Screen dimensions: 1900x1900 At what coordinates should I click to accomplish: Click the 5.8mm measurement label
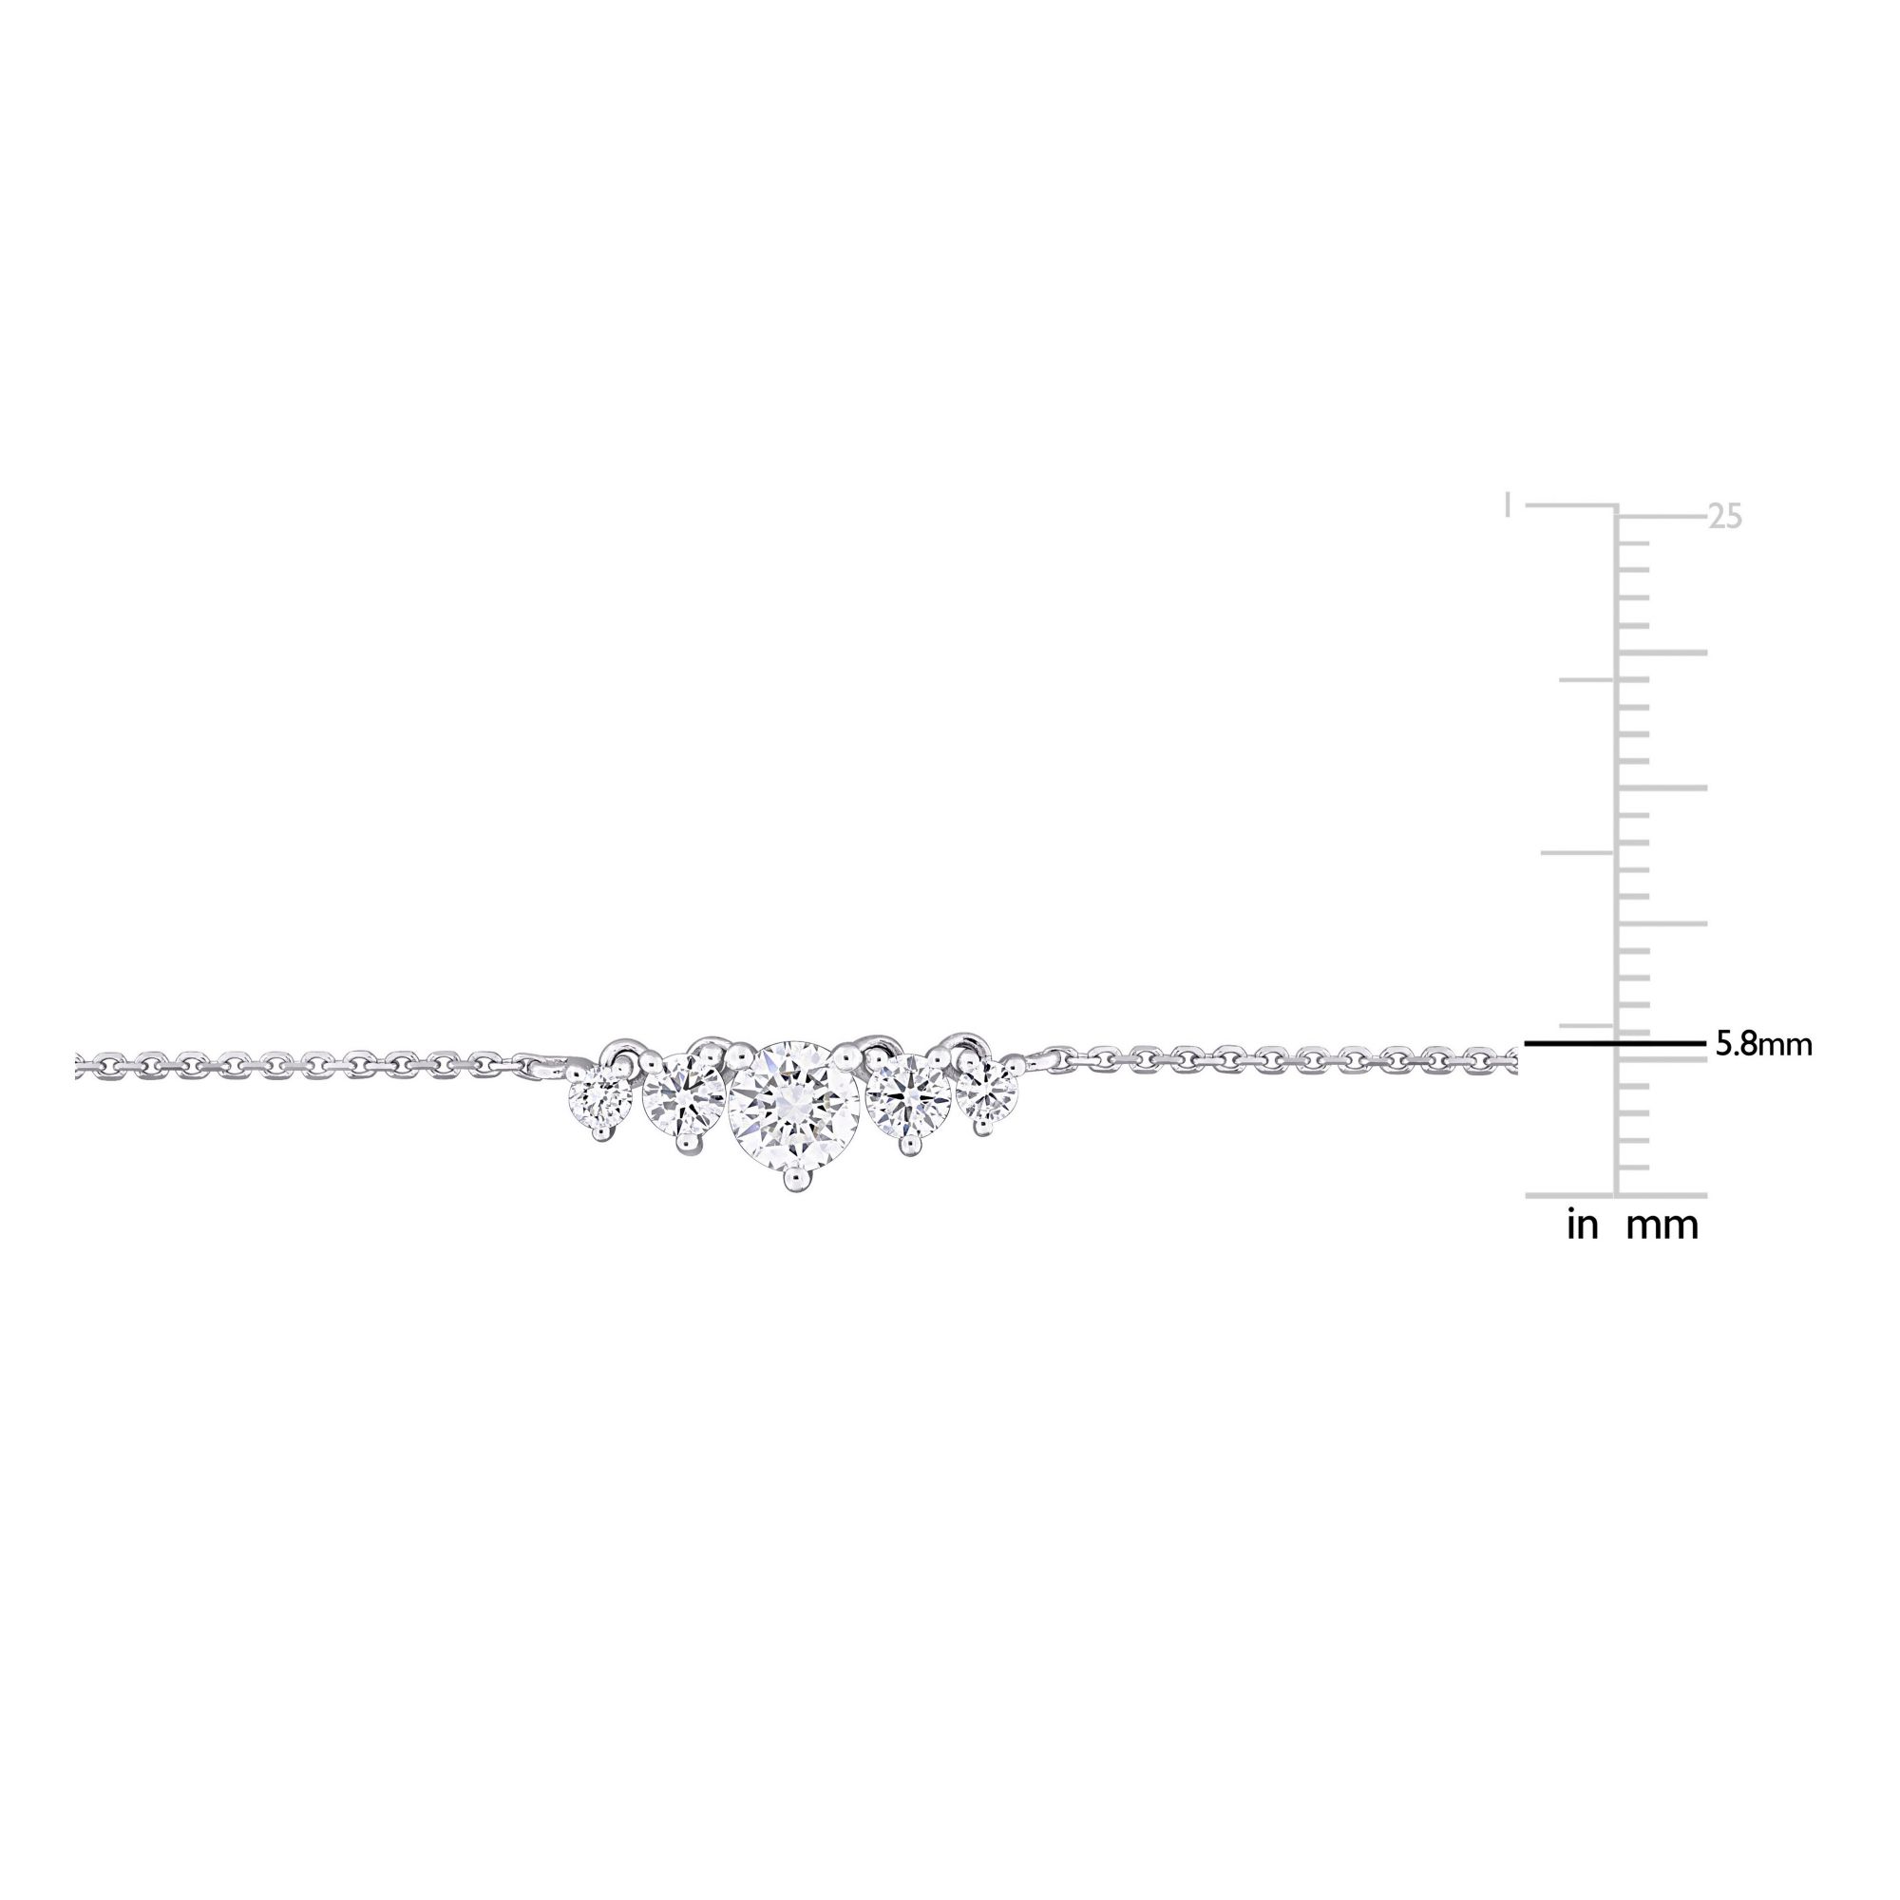(x=1763, y=1044)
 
